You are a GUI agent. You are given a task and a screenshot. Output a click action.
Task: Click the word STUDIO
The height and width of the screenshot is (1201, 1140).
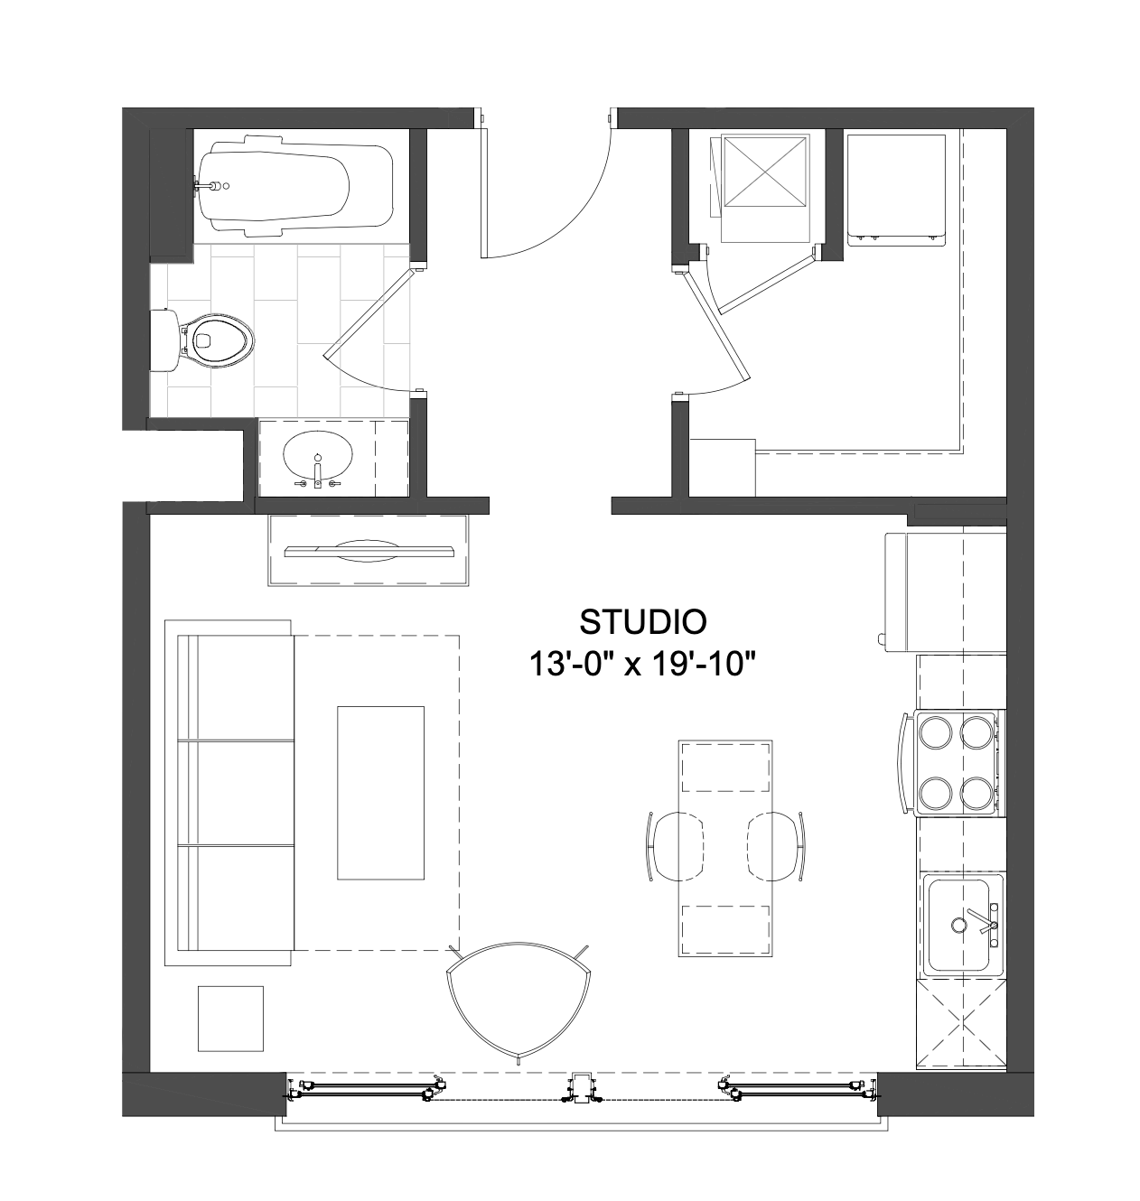642,622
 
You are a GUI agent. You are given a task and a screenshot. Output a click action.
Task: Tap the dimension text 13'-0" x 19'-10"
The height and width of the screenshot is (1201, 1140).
642,664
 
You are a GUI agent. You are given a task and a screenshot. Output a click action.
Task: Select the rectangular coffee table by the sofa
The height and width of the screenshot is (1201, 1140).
381,793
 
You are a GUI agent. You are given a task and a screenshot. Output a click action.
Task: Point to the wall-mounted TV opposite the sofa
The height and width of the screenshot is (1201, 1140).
369,552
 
